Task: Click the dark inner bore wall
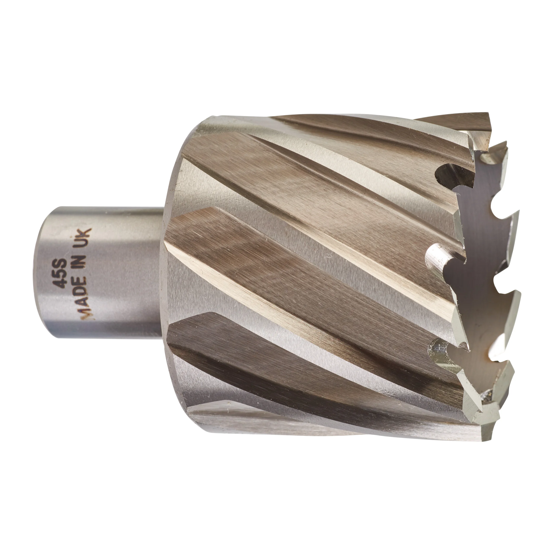point(485,287)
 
